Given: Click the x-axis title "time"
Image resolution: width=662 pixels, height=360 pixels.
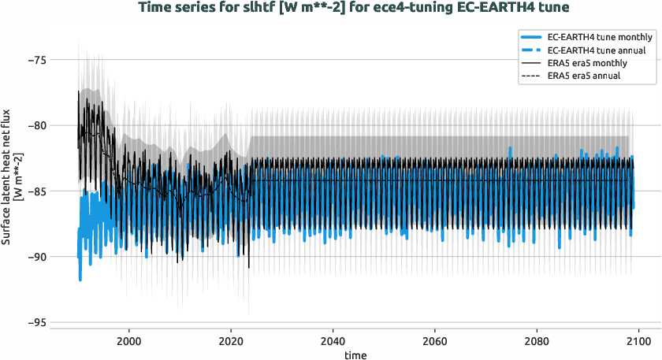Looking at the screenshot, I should (355, 354).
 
